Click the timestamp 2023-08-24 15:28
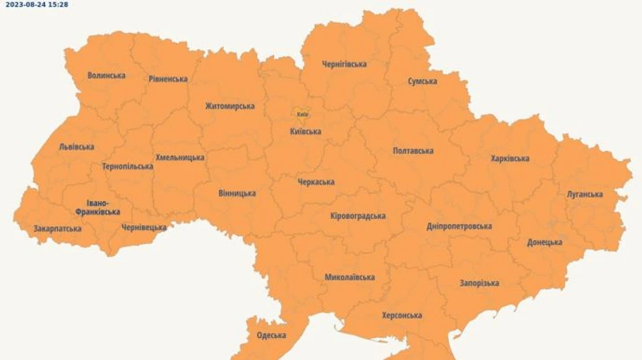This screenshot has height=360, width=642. pyautogui.click(x=36, y=4)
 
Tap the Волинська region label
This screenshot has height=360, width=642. pyautogui.click(x=106, y=75)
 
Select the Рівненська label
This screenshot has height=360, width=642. pyautogui.click(x=168, y=78)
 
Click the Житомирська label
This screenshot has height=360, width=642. pyautogui.click(x=230, y=106)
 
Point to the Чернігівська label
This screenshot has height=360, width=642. pyautogui.click(x=345, y=64)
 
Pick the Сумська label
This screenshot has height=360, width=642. pyautogui.click(x=422, y=81)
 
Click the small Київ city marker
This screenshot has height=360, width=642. pyautogui.click(x=301, y=113)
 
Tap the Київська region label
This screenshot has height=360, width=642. pyautogui.click(x=305, y=131)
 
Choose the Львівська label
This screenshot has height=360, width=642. pyautogui.click(x=76, y=147)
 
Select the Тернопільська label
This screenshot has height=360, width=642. pyautogui.click(x=128, y=166)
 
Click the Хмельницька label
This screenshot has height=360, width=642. pyautogui.click(x=180, y=158)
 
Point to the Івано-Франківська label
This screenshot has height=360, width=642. pyautogui.click(x=98, y=207)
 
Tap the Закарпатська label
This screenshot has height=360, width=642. pyautogui.click(x=57, y=229)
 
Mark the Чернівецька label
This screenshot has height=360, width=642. pyautogui.click(x=144, y=227)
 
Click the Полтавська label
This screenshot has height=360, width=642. pyautogui.click(x=413, y=150)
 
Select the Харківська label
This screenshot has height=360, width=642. pyautogui.click(x=510, y=158)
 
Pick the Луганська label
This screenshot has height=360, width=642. pyautogui.click(x=585, y=194)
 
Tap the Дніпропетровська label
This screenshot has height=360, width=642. pyautogui.click(x=459, y=226)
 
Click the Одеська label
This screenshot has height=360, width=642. pyautogui.click(x=271, y=335)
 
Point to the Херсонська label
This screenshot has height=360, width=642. pyautogui.click(x=402, y=315)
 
